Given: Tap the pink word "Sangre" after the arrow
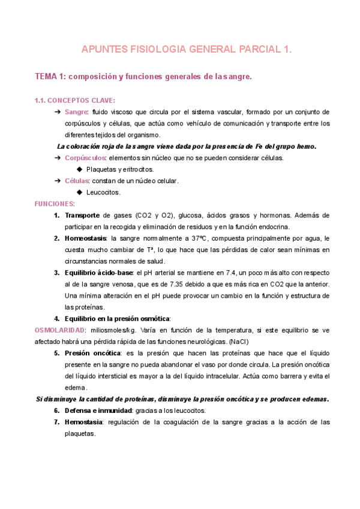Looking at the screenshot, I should point(76,112).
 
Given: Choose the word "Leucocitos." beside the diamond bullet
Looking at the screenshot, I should point(104,192).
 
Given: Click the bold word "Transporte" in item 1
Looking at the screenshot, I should point(83,215).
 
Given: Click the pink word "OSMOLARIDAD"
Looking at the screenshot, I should point(59,330).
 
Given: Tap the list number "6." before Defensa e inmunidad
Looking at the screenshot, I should point(57,411).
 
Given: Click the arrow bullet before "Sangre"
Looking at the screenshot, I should point(57,112).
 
